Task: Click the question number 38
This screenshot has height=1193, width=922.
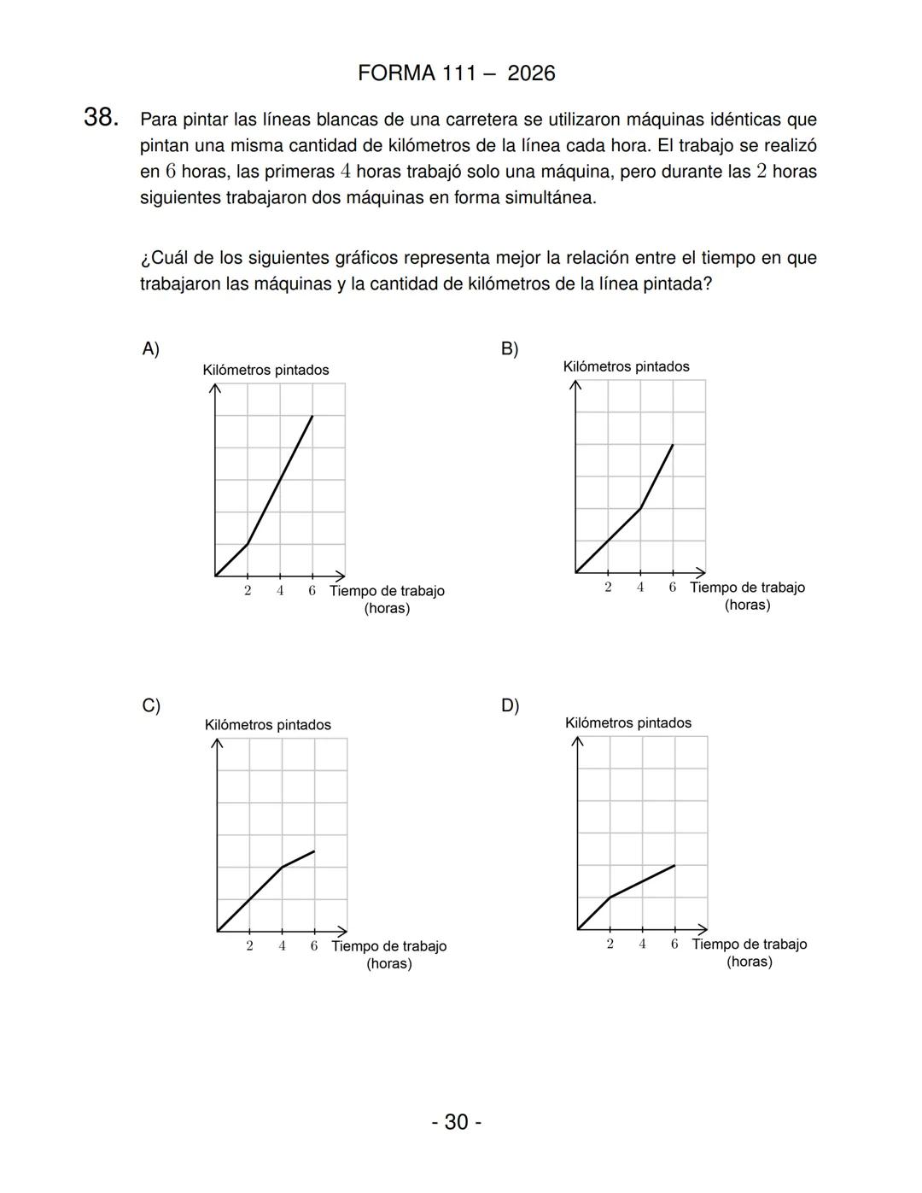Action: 100,118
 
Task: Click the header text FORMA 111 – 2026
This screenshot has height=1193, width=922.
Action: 456,73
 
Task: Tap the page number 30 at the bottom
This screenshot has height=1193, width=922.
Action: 456,1121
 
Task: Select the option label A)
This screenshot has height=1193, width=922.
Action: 150,348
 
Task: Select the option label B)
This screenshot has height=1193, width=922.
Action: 510,348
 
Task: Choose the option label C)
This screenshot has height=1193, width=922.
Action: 151,705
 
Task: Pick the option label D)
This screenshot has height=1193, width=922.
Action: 510,705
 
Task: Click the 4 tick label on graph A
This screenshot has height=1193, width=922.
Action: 280,591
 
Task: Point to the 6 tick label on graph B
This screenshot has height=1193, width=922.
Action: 673,588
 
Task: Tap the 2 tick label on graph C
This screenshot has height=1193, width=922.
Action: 249,946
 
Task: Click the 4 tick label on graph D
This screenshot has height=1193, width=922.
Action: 642,944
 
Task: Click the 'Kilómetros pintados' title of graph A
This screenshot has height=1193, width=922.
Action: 266,370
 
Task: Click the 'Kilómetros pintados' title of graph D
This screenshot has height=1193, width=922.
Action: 627,723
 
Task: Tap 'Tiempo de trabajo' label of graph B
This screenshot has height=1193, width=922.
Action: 747,588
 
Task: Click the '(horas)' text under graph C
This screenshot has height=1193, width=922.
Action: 388,964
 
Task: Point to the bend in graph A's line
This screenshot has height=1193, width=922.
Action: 248,544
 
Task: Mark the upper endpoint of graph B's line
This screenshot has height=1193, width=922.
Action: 673,445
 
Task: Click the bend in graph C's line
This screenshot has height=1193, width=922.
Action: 283,867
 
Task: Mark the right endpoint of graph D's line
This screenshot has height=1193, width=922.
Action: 674,865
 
